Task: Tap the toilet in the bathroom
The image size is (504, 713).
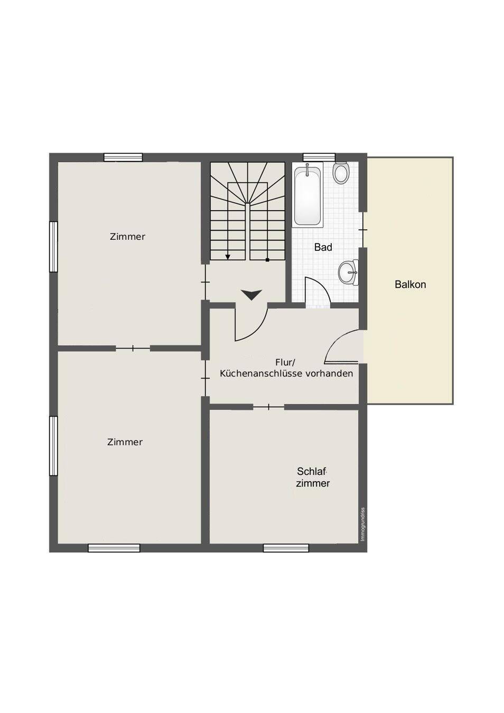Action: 341,173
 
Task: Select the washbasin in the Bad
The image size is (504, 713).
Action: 348,273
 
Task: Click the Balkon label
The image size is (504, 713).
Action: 410,284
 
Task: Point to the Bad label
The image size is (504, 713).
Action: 323,247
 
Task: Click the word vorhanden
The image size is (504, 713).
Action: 329,374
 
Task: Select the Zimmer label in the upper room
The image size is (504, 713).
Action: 127,237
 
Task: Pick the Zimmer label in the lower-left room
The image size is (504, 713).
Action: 125,442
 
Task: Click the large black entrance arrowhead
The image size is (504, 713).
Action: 251,295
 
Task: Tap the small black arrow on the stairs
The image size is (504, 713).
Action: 228,257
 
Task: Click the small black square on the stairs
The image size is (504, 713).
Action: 267,260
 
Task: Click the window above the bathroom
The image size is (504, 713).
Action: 319,157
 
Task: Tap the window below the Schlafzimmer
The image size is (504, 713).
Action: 286,548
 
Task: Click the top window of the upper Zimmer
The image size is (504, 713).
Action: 123,157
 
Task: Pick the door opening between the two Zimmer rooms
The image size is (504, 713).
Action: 133,349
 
